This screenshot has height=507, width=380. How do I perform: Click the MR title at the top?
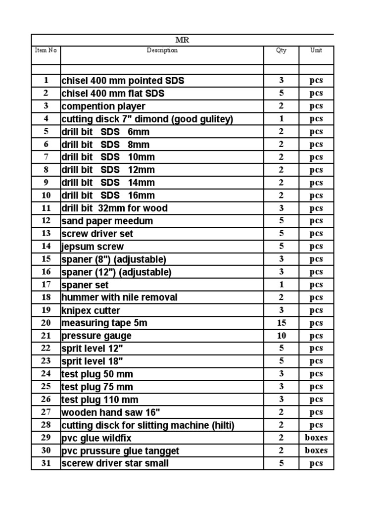point(182,40)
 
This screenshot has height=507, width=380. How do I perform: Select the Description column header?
point(162,51)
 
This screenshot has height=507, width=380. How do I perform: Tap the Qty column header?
point(281,51)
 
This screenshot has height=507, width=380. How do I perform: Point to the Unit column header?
point(316,51)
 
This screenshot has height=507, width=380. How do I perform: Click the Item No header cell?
point(46,51)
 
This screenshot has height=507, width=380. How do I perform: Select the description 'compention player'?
point(103,106)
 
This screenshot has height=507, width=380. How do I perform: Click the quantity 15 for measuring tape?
point(281,323)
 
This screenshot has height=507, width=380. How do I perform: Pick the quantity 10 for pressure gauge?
point(281,336)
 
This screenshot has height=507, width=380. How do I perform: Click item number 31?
point(46,463)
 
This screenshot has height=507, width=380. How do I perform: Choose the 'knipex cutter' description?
point(91,310)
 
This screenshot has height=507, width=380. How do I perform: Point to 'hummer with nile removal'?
point(119,298)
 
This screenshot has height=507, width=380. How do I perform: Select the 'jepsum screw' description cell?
point(93,247)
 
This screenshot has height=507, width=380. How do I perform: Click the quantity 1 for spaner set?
point(281,285)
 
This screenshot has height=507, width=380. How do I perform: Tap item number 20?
point(46,323)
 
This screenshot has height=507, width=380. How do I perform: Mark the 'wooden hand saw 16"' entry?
point(111,412)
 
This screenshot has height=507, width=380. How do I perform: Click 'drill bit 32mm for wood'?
point(114,208)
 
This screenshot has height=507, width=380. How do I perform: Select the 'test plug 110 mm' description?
point(100,400)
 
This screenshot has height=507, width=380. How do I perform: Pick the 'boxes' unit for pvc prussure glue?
point(316,451)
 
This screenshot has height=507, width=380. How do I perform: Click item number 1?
point(46,80)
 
